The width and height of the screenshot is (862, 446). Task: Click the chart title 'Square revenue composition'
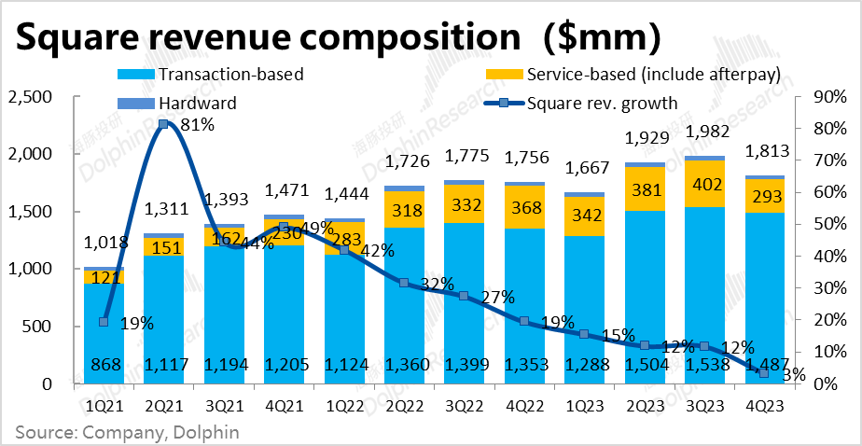(265, 37)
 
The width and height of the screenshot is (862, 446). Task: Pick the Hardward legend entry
(191, 103)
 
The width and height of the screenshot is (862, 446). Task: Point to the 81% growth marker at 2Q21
(163, 123)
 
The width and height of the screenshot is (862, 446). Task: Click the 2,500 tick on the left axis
(31, 97)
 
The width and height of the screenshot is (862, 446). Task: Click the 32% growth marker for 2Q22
(403, 283)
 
